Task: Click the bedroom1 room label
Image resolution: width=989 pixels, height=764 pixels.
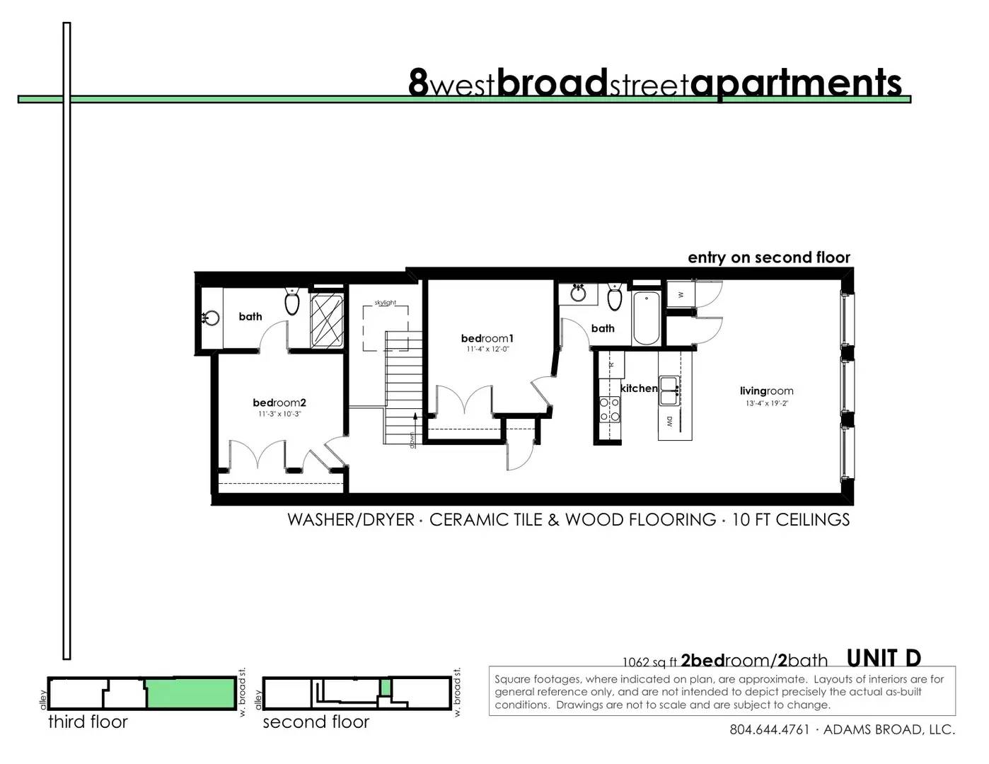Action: click(x=487, y=338)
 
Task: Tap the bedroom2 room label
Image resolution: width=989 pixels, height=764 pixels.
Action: click(x=279, y=403)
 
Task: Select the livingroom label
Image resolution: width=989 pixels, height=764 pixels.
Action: click(x=766, y=391)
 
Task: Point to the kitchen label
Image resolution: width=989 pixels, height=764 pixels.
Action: click(x=639, y=388)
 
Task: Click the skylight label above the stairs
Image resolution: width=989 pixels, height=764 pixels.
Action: click(x=385, y=303)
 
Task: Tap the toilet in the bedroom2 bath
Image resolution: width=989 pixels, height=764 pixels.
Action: click(x=291, y=301)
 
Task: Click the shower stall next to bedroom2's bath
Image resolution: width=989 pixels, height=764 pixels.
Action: click(x=327, y=321)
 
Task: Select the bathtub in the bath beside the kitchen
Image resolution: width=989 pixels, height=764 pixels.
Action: click(x=647, y=318)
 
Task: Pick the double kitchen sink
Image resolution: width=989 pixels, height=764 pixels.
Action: click(x=669, y=391)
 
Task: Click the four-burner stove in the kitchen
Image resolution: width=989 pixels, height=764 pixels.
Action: click(x=610, y=410)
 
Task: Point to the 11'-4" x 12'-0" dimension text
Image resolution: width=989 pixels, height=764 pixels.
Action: click(x=487, y=349)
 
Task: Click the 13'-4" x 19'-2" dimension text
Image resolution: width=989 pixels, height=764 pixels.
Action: click(x=766, y=403)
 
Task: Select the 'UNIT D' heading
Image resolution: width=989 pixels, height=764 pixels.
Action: click(x=884, y=658)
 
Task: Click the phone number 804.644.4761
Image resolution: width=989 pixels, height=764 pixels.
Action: click(x=769, y=729)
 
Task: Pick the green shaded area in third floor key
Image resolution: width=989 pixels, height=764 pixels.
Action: click(x=191, y=693)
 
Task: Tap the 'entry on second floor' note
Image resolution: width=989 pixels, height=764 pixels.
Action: click(x=769, y=257)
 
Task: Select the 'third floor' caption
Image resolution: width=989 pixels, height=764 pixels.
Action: click(x=88, y=722)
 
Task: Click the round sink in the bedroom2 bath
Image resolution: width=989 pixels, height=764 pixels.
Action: click(x=212, y=318)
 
